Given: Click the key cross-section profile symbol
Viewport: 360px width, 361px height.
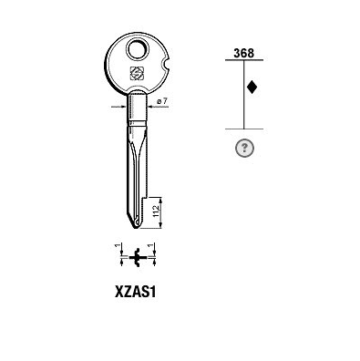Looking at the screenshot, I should pyautogui.click(x=139, y=258).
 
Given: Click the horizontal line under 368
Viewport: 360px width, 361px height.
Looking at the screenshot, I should pyautogui.click(x=243, y=62).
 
